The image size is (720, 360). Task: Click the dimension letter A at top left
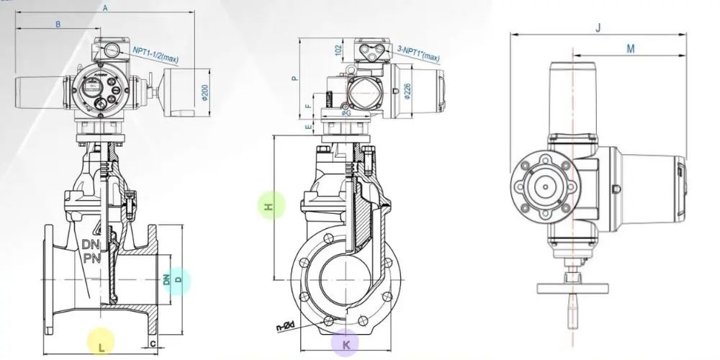coord(105,9)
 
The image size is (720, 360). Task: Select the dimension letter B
coord(58,24)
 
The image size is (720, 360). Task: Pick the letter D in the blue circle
coord(179,279)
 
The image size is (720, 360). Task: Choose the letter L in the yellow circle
coord(102,346)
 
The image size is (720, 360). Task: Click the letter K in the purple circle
coord(346,344)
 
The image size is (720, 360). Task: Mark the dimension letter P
coord(293,78)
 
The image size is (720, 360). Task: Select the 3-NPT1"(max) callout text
coord(420,49)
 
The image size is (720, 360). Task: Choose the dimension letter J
coord(599,27)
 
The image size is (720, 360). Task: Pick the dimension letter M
coord(631,48)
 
